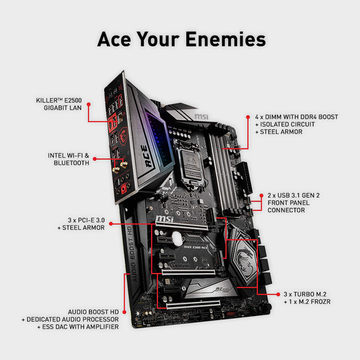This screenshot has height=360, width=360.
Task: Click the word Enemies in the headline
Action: click(x=226, y=39)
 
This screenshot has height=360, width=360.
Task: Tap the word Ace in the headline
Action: click(x=114, y=39)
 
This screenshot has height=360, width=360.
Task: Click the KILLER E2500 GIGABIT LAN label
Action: click(x=59, y=104)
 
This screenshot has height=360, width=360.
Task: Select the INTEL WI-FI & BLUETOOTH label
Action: click(x=68, y=159)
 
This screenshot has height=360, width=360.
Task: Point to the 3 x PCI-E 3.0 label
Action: click(x=86, y=220)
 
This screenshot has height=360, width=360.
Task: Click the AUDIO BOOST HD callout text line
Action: click(x=93, y=312)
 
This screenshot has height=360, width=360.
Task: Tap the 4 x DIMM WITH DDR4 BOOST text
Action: click(x=297, y=117)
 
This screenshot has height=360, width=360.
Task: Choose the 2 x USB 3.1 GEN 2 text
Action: click(x=294, y=195)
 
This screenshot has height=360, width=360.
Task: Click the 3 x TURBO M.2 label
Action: click(x=305, y=294)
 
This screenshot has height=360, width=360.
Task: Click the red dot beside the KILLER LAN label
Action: click(x=88, y=105)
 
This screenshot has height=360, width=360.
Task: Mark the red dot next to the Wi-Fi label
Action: click(x=95, y=159)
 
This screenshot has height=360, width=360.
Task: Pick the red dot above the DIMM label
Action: click(x=248, y=117)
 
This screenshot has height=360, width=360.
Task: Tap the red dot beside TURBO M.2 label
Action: click(x=278, y=294)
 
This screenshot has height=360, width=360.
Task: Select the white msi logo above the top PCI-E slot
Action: click(x=164, y=219)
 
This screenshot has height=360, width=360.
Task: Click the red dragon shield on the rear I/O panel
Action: click(x=123, y=136)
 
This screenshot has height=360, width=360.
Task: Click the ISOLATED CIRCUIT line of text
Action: click(x=285, y=124)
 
